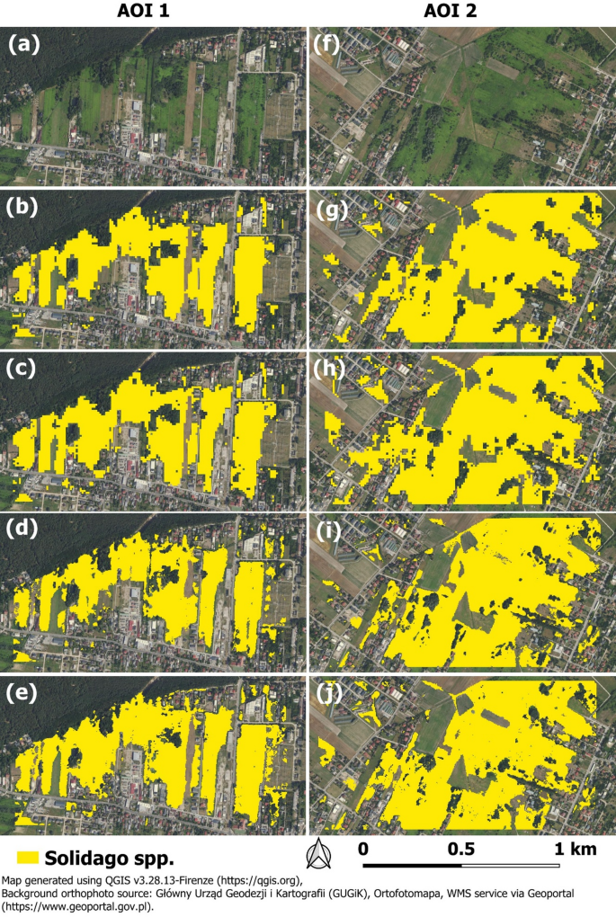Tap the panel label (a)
pyautogui.click(x=24, y=42)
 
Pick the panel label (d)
pyautogui.click(x=24, y=530)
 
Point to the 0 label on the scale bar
pyautogui.click(x=362, y=849)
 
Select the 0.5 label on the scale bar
pyautogui.click(x=461, y=849)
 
